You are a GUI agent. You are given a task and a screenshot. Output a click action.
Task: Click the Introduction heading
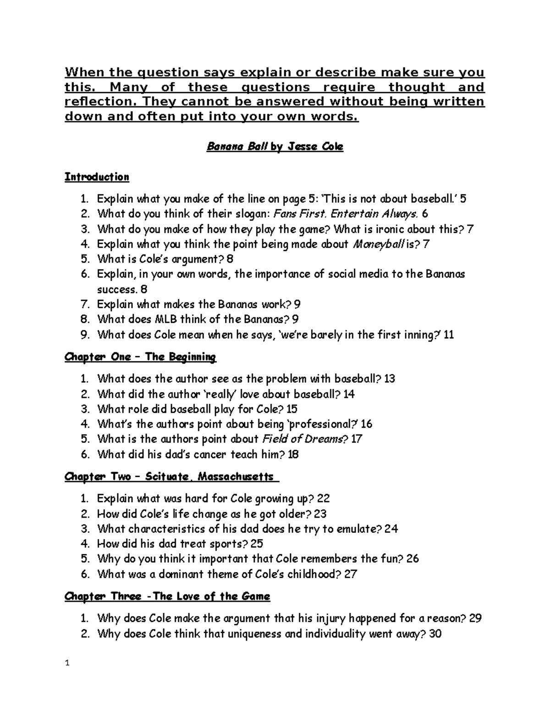[x=97, y=177]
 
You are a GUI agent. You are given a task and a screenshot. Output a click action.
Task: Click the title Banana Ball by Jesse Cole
[x=275, y=147]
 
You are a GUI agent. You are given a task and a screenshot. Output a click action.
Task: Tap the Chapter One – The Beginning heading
[x=140, y=357]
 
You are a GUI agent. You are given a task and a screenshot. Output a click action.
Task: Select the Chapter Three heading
[x=167, y=596]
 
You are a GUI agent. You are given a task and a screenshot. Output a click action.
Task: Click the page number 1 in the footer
[x=67, y=663]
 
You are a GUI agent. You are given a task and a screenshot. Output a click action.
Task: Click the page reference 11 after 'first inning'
[x=449, y=335]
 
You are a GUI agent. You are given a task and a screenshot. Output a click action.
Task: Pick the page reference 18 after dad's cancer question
[x=293, y=454]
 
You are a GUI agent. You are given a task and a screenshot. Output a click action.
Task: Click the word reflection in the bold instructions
[x=94, y=102]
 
